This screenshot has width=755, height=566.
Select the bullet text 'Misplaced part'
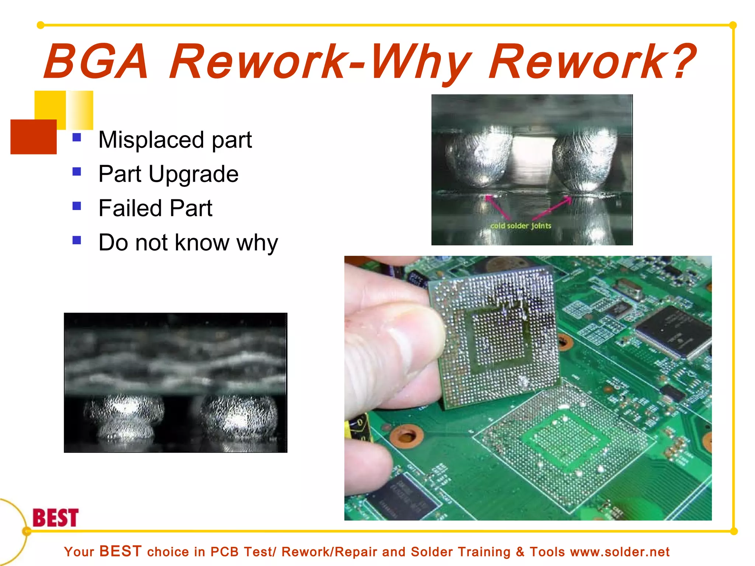coord(175,140)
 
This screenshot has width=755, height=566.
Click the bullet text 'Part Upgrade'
coord(168,174)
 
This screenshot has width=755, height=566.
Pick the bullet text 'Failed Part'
coord(155,208)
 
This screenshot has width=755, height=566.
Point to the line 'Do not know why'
coord(188,242)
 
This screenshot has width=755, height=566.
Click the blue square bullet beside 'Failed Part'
coord(77,206)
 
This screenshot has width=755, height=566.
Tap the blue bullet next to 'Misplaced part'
coord(77,137)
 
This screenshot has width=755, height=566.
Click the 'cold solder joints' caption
coord(521,226)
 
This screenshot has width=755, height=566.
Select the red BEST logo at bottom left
coord(56,518)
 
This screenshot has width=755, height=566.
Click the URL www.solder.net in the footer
coord(620,552)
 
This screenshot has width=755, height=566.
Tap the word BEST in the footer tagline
coord(121,551)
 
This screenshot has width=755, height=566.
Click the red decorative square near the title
coord(34,137)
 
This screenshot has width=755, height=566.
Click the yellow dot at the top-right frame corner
coord(733,25)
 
